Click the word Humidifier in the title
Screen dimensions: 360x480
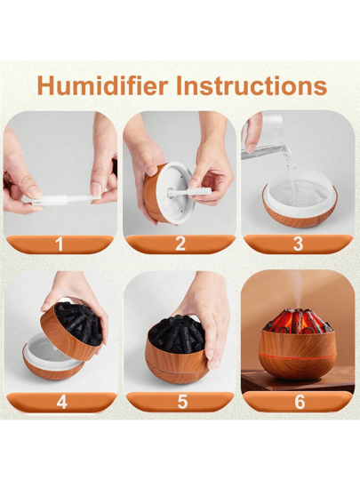pos(103,86)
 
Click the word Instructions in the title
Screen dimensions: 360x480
pos(252,86)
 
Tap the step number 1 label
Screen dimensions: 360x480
pos(59,244)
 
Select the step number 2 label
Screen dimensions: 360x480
pos(180,244)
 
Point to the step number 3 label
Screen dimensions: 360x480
pos(298,244)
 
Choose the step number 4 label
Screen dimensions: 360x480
pos(62,402)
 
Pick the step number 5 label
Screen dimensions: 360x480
pos(182,402)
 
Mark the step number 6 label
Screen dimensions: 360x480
pos(300,402)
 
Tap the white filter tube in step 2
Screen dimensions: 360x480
pos(190,192)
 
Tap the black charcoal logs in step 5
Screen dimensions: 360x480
pos(176,333)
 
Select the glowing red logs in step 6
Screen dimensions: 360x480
pos(298,322)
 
